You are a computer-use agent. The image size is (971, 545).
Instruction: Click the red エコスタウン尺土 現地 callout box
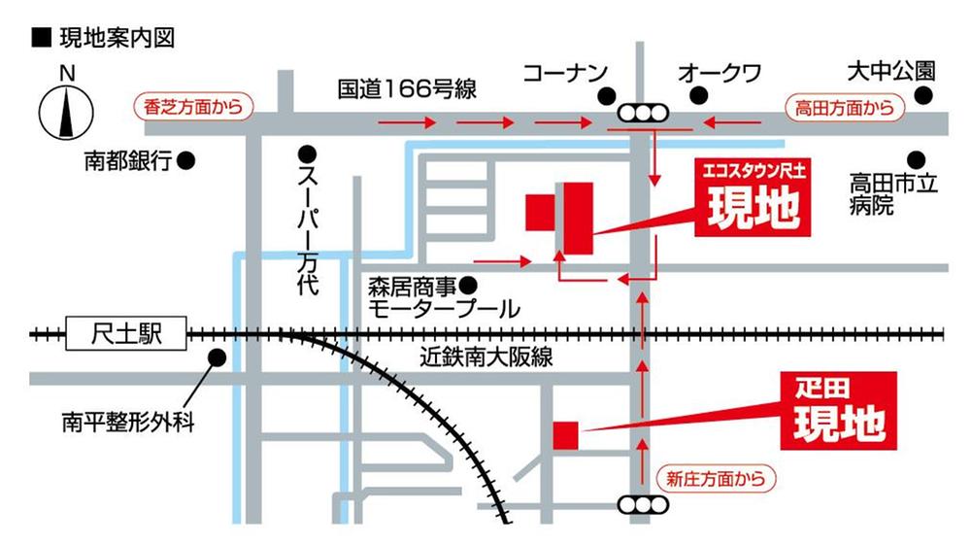tap(753, 198)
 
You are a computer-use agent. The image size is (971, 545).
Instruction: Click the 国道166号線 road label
tap(407, 89)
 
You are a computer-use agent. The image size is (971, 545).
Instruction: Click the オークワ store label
tap(719, 73)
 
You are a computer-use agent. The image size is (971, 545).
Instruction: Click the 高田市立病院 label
tap(891, 193)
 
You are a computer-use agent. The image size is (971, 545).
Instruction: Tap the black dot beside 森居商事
tap(468, 286)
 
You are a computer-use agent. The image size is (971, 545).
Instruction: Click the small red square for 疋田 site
tap(564, 434)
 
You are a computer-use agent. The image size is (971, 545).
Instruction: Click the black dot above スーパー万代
tap(307, 153)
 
